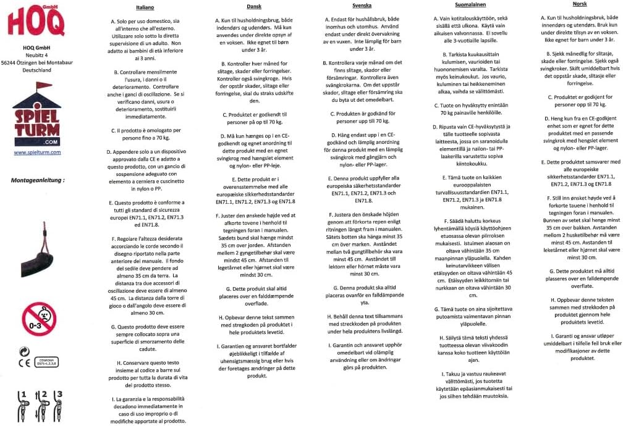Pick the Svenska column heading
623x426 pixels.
tap(362, 6)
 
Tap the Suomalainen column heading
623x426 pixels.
tap(469, 4)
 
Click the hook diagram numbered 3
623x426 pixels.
tap(59, 404)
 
